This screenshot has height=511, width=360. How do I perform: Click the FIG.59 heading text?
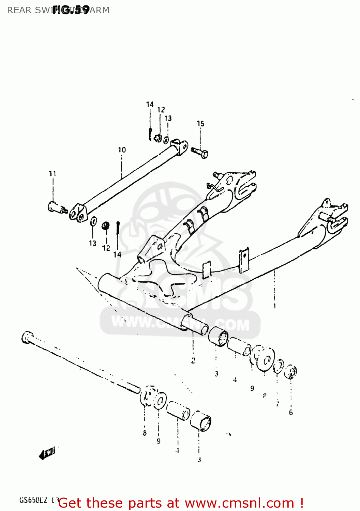[x=71, y=10]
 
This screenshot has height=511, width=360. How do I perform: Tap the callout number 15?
[x=200, y=124]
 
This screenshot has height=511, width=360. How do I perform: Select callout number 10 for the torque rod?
[x=122, y=150]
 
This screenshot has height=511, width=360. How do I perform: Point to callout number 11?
[x=52, y=174]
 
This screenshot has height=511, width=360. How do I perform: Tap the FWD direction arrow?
[x=47, y=454]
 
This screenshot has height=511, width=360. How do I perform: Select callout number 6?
[x=291, y=413]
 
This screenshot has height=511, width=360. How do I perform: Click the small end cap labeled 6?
[x=291, y=371]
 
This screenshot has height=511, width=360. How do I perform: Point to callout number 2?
[x=193, y=360]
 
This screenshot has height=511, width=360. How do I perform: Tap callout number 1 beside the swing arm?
[x=274, y=306]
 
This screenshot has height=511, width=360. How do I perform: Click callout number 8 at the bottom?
[x=145, y=433]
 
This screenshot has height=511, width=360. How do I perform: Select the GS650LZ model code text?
[x=33, y=500]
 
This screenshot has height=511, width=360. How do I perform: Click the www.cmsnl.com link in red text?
[x=239, y=503]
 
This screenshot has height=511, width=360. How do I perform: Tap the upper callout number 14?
[x=150, y=105]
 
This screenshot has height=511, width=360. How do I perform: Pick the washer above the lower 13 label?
[x=93, y=222]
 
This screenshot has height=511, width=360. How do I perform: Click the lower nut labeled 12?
[x=106, y=226]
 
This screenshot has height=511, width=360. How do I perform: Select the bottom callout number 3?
[x=199, y=460]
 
